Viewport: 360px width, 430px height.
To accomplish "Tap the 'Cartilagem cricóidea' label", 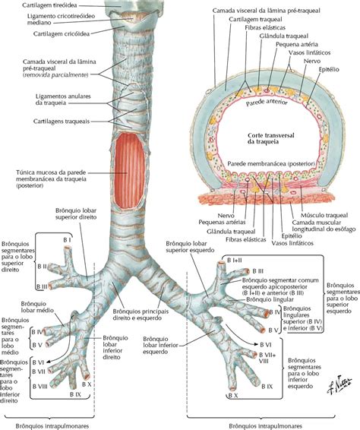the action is click(x=62, y=33).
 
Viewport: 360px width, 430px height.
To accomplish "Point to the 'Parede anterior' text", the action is click(x=267, y=103).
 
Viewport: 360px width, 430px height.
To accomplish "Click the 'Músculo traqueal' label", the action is click(x=324, y=216).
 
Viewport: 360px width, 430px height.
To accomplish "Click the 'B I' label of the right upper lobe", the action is click(x=67, y=240).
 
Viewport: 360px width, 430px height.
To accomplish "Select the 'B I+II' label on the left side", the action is click(x=235, y=261).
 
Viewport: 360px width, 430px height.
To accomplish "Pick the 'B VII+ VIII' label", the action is click(x=267, y=358).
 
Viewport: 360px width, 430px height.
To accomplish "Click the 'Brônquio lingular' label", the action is click(x=270, y=299).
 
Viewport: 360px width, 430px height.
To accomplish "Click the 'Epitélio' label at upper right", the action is click(x=329, y=70).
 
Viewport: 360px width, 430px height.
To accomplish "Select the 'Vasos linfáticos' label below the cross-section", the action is click(x=292, y=243).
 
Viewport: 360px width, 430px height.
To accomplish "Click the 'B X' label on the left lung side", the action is click(x=232, y=396).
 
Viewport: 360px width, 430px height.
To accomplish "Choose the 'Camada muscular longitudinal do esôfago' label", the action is click(x=324, y=226).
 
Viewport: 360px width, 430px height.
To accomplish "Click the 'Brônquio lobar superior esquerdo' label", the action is click(x=190, y=247).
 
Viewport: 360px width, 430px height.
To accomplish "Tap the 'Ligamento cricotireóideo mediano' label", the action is click(x=61, y=19).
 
